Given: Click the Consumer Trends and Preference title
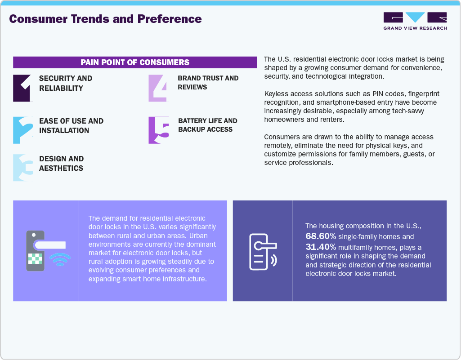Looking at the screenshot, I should (105, 19).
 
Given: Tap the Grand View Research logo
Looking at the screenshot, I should (415, 21).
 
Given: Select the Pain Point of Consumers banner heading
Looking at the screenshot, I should (135, 62).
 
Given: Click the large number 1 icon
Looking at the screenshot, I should (22, 88).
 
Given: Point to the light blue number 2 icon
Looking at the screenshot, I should (22, 130).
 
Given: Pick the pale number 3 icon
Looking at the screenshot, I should (22, 168).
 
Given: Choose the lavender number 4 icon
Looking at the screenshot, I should (158, 88).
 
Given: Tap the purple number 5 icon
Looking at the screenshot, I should (158, 130).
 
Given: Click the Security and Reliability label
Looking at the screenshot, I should (66, 83).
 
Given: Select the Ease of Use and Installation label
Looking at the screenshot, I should (71, 126).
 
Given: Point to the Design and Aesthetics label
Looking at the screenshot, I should (61, 164).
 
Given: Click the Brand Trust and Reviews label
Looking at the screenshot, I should (208, 83).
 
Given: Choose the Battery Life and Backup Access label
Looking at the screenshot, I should (207, 125).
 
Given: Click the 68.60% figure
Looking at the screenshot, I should (321, 236).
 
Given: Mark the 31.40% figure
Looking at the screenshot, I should (321, 247).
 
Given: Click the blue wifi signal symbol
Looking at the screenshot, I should (60, 259).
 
